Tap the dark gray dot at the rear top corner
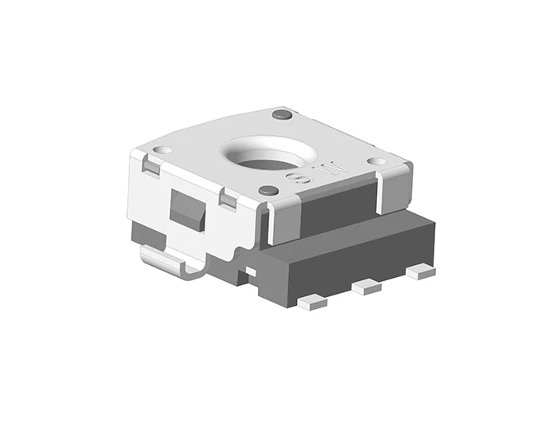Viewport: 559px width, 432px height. coord(280,115)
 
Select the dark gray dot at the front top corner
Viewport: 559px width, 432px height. coord(269,191)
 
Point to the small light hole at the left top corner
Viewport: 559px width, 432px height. coord(161,150)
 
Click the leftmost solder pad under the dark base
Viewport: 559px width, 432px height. coord(312,302)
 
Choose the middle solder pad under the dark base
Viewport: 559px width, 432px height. coord(367,287)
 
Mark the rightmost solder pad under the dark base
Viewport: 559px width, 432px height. coord(420,271)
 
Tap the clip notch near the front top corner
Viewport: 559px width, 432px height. coord(228,200)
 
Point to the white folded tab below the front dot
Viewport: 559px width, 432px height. coord(283,220)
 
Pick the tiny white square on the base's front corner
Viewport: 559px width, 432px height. coord(251,272)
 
